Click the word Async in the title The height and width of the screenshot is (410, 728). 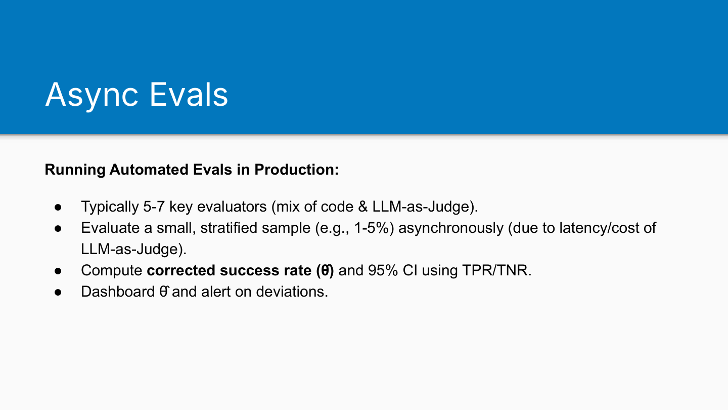[92, 95]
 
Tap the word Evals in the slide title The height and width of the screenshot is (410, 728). [189, 94]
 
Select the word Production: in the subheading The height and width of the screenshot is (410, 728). [296, 170]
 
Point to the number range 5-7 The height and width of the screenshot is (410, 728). [154, 207]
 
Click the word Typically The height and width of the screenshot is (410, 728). [110, 208]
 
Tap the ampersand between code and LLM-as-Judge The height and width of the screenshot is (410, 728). [362, 207]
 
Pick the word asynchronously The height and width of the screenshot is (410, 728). [451, 228]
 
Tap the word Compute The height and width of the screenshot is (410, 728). [111, 271]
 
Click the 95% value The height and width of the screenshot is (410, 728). [383, 270]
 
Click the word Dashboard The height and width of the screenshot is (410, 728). [118, 292]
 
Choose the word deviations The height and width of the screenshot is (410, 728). [292, 292]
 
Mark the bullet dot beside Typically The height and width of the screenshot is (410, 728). [58, 208]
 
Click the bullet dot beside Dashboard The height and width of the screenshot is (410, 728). [58, 292]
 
